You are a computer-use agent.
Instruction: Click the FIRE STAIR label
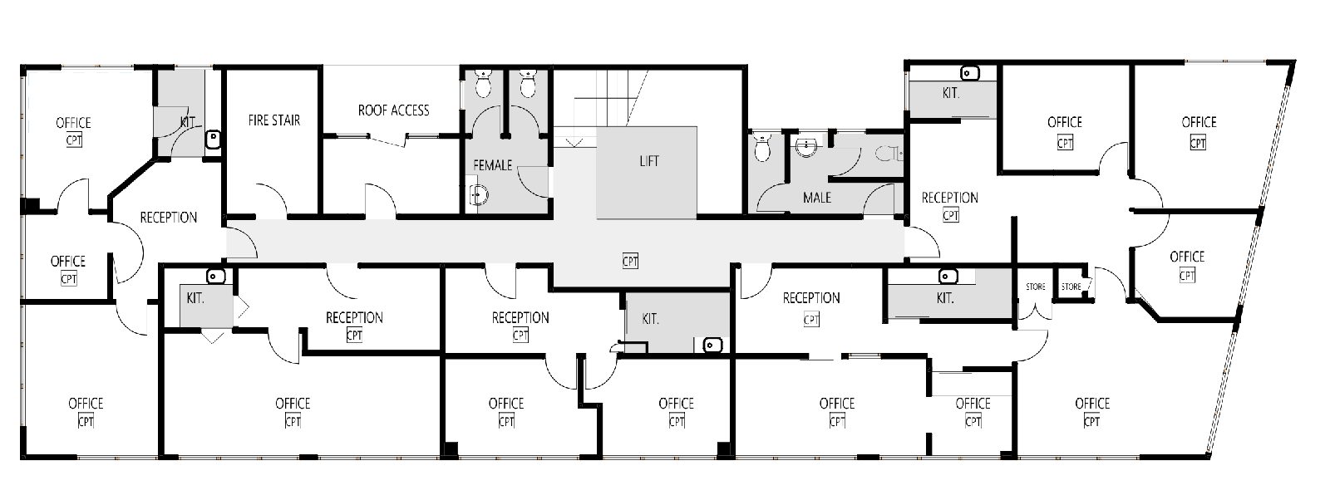273,120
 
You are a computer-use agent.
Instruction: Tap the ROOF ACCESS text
394,110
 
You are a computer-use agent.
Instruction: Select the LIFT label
649,161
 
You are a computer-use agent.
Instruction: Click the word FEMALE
492,165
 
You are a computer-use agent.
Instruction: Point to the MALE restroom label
817,198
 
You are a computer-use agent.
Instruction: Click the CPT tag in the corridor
630,261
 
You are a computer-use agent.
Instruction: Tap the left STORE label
1036,287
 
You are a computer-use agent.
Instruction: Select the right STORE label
1071,287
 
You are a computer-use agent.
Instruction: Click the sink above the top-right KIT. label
969,73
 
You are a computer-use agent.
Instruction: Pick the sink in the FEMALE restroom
477,194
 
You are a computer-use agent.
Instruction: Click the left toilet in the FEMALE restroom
483,84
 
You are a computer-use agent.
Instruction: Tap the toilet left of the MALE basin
762,148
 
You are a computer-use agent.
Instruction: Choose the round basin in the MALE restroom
806,146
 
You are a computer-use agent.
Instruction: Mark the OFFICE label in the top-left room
73,123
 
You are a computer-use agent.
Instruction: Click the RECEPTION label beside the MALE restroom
949,198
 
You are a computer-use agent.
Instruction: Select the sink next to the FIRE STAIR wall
213,140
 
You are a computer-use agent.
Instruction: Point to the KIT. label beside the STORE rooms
944,298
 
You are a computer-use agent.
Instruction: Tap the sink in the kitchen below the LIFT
712,345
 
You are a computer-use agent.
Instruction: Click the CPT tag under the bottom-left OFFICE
86,421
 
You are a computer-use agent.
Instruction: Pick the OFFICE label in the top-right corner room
1199,122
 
